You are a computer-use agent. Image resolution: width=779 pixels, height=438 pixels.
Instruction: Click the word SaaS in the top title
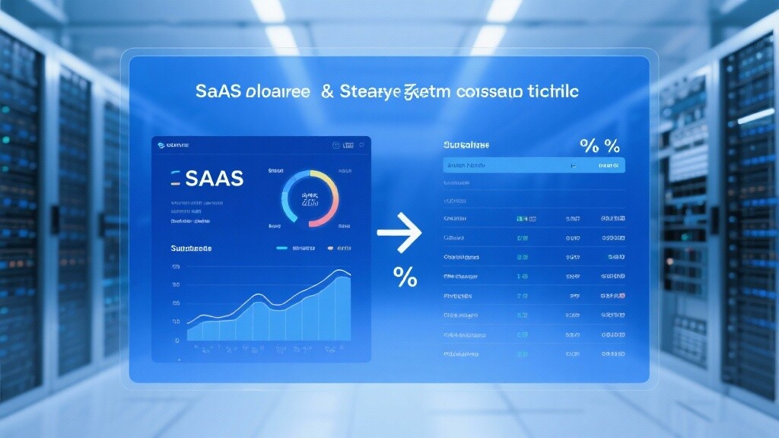pos(218,92)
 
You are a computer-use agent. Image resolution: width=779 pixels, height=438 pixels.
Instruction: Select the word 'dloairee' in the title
pos(277,92)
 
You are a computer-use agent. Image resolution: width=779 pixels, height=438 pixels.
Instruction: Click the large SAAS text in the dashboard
pos(214,178)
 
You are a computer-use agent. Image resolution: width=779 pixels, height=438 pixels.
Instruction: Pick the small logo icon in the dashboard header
pos(160,144)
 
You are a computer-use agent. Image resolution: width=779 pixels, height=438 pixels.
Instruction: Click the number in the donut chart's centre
pos(310,198)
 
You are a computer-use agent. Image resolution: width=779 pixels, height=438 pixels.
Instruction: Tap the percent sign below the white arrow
pos(405,277)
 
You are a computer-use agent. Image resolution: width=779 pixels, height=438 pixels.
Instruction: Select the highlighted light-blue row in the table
pos(534,165)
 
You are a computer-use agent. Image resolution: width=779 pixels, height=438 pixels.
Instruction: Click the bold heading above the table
pos(466,144)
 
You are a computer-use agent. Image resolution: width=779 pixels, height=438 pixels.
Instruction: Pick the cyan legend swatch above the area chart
pos(281,248)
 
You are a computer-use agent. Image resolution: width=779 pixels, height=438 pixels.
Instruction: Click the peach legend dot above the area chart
pos(330,248)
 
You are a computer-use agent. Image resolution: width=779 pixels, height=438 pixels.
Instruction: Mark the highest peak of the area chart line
pos(338,271)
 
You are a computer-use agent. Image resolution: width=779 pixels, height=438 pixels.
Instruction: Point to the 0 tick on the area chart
pos(177,341)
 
